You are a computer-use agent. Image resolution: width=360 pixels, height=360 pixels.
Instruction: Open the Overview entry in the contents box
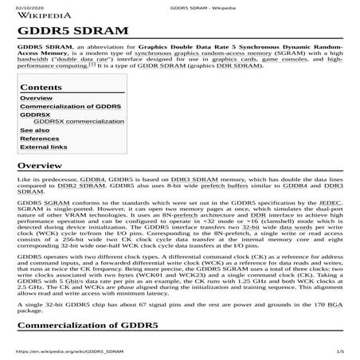pos(36,98)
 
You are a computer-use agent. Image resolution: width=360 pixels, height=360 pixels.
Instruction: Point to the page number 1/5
pos(340,351)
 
